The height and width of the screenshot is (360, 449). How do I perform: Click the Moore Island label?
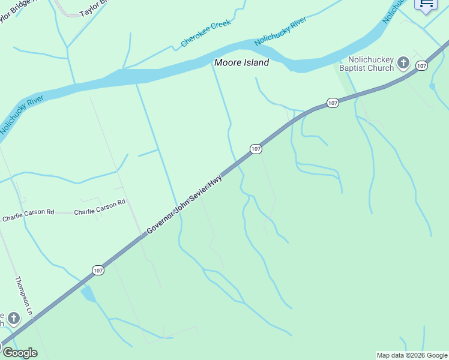[242, 62]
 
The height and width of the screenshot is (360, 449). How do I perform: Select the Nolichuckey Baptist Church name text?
[366, 64]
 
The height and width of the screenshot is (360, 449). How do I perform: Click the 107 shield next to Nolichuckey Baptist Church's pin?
[421, 65]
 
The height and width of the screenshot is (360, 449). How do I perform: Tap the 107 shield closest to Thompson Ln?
[98, 271]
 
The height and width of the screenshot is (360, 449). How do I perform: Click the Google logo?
[20, 353]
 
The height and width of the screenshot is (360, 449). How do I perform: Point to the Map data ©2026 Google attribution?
[412, 355]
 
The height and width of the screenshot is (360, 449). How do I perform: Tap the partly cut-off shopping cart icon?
[427, 5]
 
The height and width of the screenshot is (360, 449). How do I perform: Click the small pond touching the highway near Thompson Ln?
[88, 294]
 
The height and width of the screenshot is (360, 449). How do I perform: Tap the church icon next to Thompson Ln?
[14, 318]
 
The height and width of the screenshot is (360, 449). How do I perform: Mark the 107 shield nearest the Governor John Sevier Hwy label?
[256, 149]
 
